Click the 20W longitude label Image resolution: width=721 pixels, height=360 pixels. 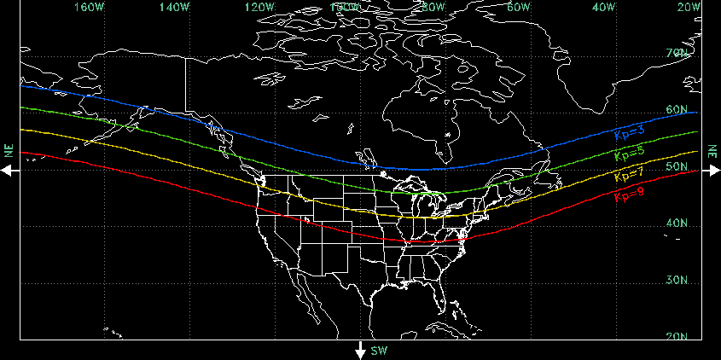coord(688,8)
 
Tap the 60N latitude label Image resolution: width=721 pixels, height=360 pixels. coord(677,110)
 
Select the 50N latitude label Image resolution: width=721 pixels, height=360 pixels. coord(677,167)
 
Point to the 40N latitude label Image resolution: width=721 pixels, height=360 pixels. coord(677,224)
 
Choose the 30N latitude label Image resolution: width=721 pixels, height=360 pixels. coord(677,281)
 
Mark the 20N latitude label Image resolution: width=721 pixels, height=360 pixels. coord(677,337)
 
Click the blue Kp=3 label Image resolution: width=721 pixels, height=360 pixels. coord(629,133)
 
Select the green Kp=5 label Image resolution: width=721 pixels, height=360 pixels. coord(629,154)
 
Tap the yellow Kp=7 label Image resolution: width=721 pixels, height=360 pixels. coord(629,177)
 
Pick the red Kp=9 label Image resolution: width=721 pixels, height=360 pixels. coord(629,197)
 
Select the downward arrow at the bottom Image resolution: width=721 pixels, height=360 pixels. coord(361,351)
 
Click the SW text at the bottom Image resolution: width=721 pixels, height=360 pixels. coord(380,351)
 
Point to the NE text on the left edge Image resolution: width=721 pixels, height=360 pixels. coord(8,151)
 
